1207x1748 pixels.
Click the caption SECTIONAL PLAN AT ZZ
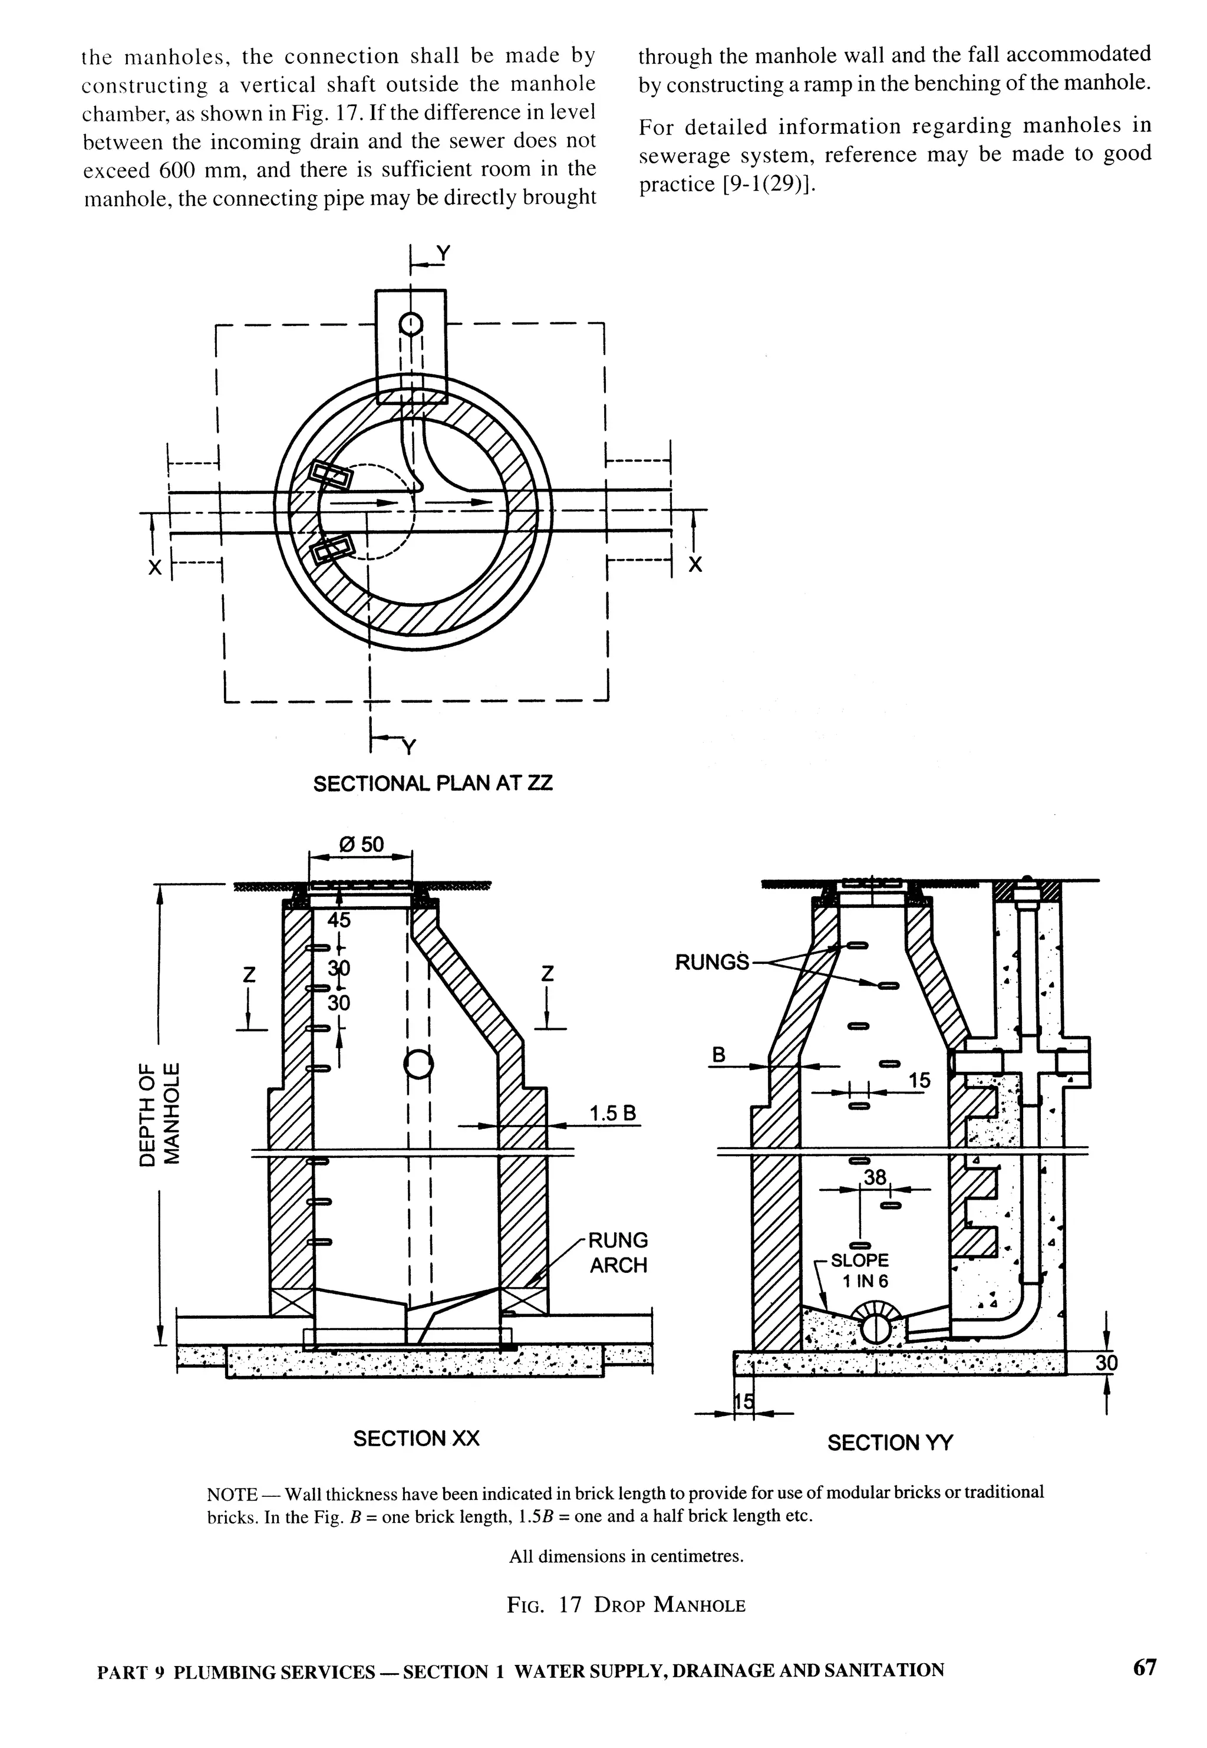(x=433, y=783)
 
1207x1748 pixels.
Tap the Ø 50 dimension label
(x=361, y=844)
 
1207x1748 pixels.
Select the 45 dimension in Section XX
(x=338, y=920)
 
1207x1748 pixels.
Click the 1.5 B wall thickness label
(x=612, y=1114)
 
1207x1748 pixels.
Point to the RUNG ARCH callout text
(x=618, y=1253)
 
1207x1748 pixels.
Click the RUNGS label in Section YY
(x=711, y=962)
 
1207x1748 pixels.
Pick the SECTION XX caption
(x=416, y=1438)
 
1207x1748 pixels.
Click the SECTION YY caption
(x=890, y=1443)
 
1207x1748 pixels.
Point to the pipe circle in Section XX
(x=418, y=1065)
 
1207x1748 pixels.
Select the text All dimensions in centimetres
(x=626, y=1556)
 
